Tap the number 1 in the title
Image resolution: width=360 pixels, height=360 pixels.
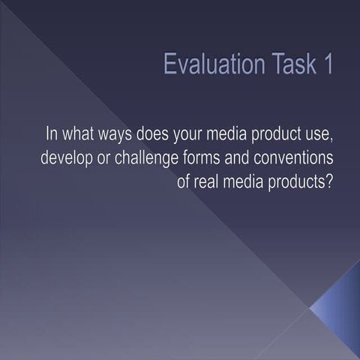coord(328,64)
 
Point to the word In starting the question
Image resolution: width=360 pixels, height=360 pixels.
coord(52,136)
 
